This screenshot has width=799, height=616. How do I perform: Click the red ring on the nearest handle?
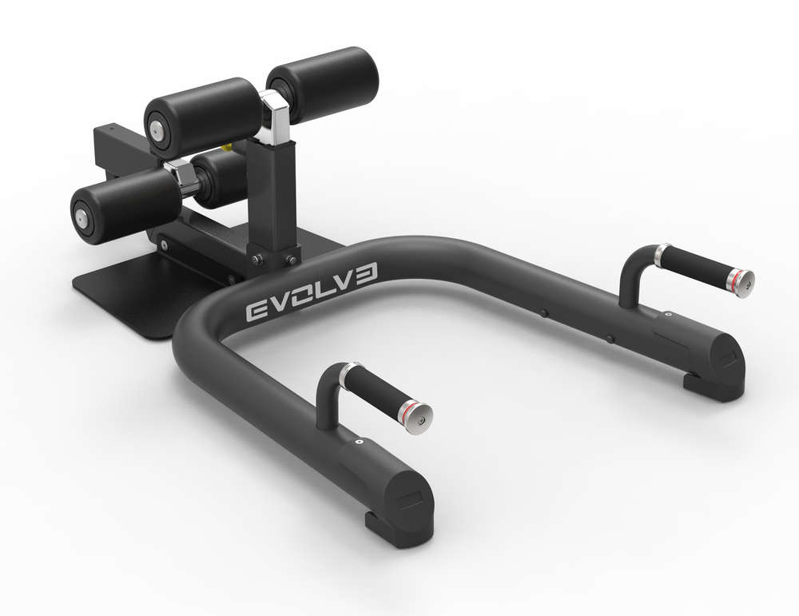coord(409,405)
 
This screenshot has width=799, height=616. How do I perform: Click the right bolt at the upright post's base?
coord(292,259)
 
